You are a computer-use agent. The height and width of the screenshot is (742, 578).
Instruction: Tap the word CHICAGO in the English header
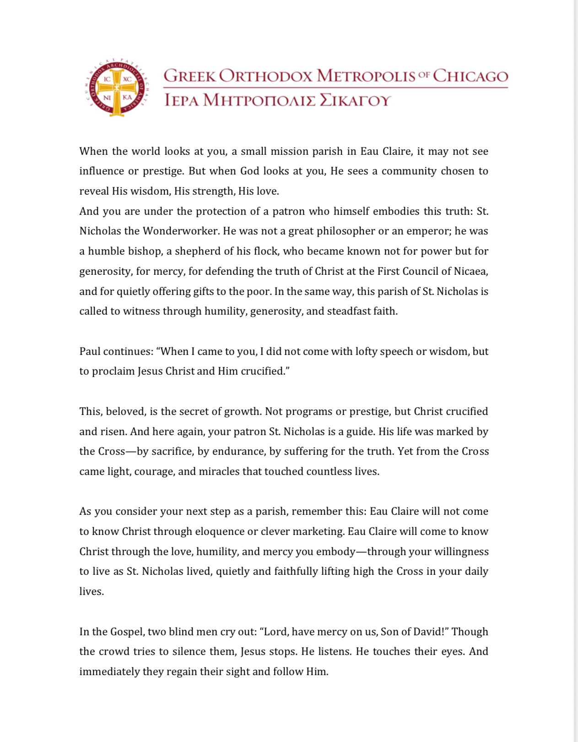pyautogui.click(x=470, y=76)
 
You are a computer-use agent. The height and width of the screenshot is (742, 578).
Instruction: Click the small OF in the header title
pyautogui.click(x=424, y=75)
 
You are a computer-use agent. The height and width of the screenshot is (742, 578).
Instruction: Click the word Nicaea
pyautogui.click(x=470, y=271)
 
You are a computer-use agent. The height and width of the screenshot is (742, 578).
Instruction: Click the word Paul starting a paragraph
pyautogui.click(x=90, y=351)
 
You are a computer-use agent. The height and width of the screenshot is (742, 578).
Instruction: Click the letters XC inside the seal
pyautogui.click(x=127, y=79)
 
